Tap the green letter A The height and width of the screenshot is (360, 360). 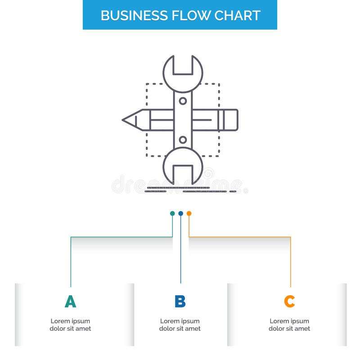(x=70, y=301)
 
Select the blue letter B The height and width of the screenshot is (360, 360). (x=180, y=301)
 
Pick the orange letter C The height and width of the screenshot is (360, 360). (x=289, y=301)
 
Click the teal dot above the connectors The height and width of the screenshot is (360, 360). (x=172, y=213)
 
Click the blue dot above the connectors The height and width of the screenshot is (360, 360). (x=180, y=213)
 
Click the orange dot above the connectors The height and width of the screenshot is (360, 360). (x=189, y=213)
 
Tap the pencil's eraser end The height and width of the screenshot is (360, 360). (x=230, y=120)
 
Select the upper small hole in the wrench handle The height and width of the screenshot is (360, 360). (x=183, y=101)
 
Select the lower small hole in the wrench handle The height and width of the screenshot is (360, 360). (x=183, y=140)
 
